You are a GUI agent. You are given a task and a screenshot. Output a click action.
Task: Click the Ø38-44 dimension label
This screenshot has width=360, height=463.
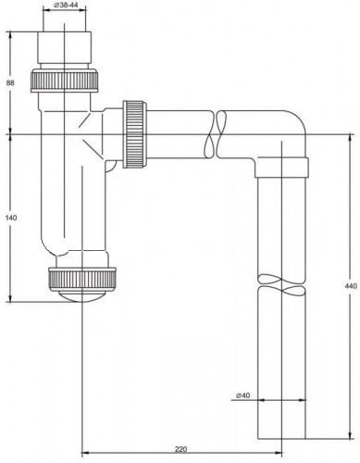click(x=65, y=5)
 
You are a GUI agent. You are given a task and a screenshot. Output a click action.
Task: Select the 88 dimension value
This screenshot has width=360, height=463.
click(x=11, y=82)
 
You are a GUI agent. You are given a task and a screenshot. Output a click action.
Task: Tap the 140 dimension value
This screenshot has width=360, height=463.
click(x=11, y=218)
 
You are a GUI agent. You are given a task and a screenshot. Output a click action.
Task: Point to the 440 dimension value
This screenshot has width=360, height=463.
click(x=351, y=286)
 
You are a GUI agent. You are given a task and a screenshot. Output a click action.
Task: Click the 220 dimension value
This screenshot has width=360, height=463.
click(x=181, y=449)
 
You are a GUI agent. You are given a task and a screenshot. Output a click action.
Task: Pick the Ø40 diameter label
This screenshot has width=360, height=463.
click(x=242, y=395)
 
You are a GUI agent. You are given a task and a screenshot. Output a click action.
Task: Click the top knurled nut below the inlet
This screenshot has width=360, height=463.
click(x=65, y=81)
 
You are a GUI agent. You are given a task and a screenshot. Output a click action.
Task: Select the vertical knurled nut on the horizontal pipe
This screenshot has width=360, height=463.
click(x=135, y=134)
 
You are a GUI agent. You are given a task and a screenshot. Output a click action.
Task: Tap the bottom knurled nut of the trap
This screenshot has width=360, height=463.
click(x=82, y=278)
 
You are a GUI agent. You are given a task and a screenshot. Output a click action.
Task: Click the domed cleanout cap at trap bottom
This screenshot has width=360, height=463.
click(x=82, y=295)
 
